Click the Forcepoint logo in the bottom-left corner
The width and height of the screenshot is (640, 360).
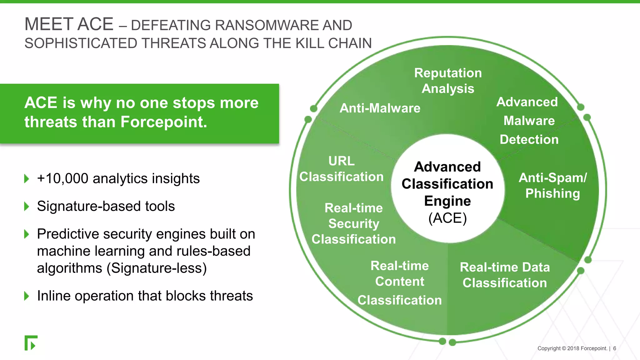[31, 343]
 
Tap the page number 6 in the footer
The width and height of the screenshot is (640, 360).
[614, 348]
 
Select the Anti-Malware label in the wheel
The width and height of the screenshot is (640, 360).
[380, 108]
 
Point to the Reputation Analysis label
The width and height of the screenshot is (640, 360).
[448, 81]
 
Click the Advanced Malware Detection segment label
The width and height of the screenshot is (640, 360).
[528, 121]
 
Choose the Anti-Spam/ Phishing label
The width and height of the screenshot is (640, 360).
[552, 186]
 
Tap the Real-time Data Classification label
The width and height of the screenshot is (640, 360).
[505, 275]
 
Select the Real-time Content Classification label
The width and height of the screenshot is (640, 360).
[400, 282]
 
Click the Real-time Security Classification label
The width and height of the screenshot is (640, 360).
[353, 224]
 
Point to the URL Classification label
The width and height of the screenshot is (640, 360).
[341, 169]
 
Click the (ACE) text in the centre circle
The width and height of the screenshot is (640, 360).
[447, 218]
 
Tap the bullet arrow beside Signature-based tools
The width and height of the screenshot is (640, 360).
[27, 206]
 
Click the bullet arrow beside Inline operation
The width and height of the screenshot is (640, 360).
[27, 296]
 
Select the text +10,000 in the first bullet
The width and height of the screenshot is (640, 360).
[62, 179]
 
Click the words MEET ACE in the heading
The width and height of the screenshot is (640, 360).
[69, 24]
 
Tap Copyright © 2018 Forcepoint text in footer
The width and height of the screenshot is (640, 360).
[572, 348]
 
